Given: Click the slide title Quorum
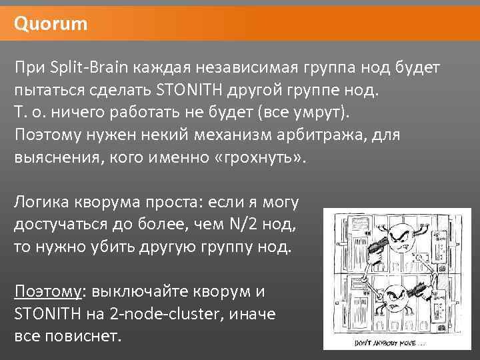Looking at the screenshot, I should pyautogui.click(x=51, y=25).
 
